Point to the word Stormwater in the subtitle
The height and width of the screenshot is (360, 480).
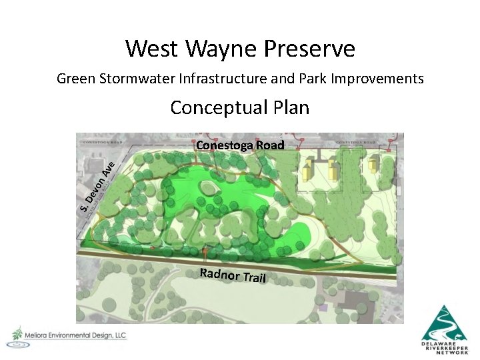click(x=138, y=79)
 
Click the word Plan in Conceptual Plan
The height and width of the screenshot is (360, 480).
click(x=289, y=107)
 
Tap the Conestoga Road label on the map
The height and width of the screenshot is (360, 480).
click(x=240, y=145)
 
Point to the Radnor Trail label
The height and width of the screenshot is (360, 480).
click(x=233, y=273)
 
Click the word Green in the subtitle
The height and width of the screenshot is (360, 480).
click(x=75, y=79)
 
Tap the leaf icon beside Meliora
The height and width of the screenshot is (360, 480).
click(x=16, y=333)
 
